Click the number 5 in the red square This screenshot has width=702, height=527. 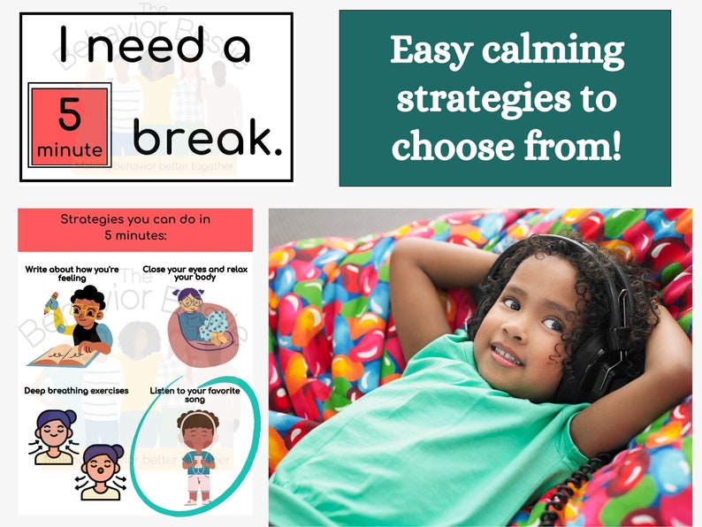(69, 114)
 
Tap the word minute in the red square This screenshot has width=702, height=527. (69, 150)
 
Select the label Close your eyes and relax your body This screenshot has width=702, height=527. (197, 272)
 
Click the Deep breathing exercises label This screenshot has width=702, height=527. (77, 390)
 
